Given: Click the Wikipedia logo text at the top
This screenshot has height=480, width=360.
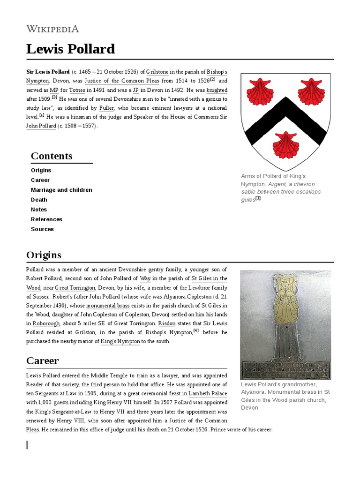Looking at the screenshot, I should click(52, 29).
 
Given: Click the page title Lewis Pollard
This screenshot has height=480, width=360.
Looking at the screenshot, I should click(70, 49).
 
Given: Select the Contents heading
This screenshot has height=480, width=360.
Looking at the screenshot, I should click(52, 156).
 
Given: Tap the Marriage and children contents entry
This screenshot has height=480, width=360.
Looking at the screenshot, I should click(61, 190).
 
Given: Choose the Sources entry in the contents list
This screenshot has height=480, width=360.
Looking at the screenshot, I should click(42, 229).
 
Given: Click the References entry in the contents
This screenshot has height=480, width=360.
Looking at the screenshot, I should click(46, 219).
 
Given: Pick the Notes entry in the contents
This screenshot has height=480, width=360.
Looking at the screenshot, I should click(39, 210).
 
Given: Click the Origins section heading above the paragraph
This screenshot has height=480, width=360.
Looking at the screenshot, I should click(44, 255).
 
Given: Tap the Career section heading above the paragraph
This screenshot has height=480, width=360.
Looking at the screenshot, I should click(42, 360).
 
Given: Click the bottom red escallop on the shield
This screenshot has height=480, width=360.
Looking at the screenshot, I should click(285, 145).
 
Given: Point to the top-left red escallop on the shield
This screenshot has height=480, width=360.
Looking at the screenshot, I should click(260, 91).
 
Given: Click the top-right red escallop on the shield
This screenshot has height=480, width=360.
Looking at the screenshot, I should click(311, 91).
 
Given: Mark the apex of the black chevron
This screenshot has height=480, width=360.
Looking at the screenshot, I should click(285, 105).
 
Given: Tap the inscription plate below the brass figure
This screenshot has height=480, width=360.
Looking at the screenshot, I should click(285, 369).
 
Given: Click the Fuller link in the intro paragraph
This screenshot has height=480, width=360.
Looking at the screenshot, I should click(106, 107).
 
